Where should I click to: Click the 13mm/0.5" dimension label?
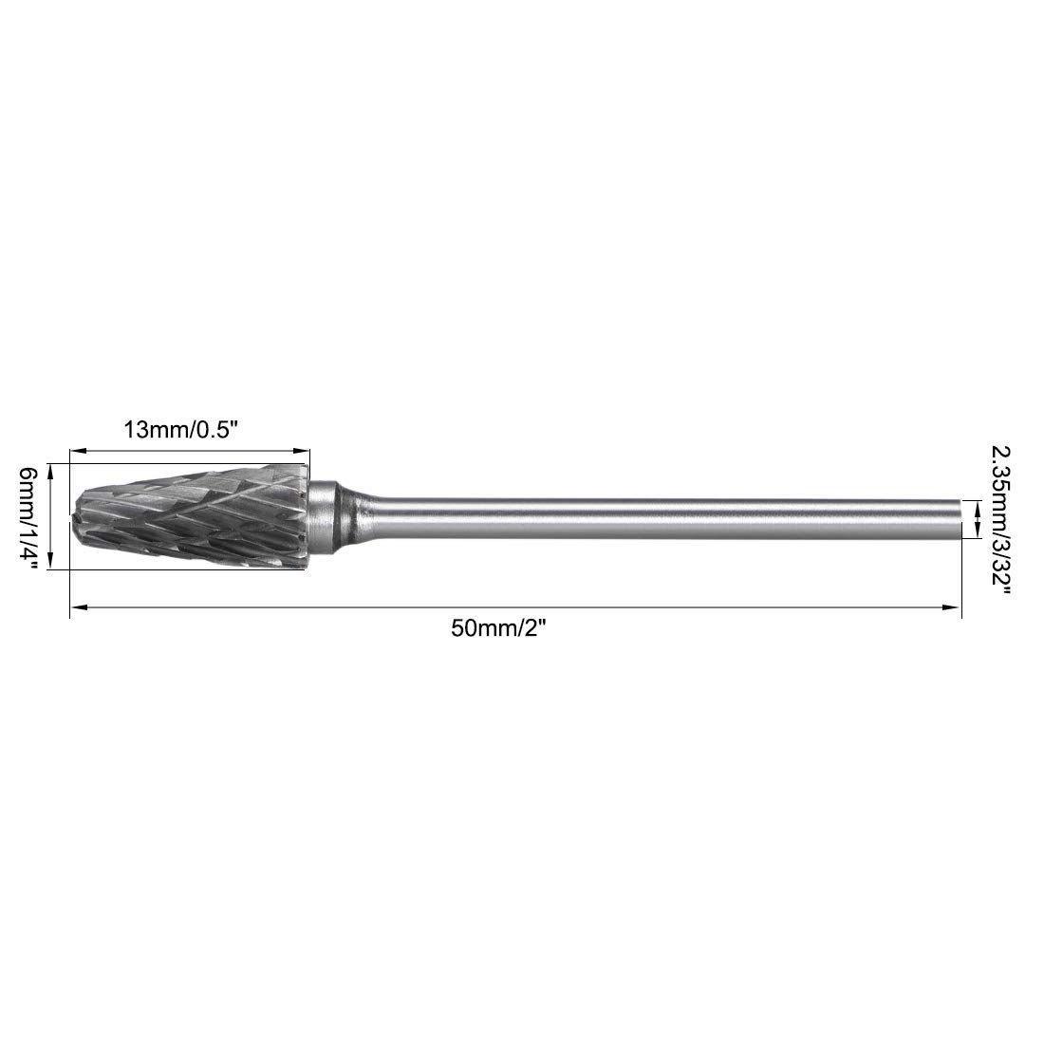coord(179,429)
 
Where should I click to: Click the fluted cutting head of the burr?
coord(190,517)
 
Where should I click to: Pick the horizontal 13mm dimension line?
coord(190,453)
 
